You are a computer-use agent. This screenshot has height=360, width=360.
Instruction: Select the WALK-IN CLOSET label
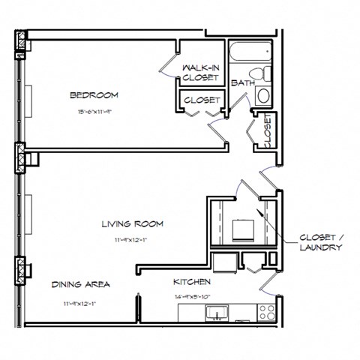click(200, 73)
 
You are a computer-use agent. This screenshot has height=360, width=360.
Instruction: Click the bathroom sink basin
click(263, 96)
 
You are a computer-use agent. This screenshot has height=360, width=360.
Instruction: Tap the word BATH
click(241, 82)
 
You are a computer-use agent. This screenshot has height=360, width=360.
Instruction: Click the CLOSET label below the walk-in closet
click(200, 100)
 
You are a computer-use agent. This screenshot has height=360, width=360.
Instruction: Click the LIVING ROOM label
click(133, 223)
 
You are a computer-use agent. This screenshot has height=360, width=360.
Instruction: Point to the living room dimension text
click(133, 241)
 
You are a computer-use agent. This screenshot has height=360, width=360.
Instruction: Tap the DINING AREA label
click(81, 284)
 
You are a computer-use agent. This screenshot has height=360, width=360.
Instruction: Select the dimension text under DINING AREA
click(81, 303)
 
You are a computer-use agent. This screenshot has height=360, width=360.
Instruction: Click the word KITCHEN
click(192, 282)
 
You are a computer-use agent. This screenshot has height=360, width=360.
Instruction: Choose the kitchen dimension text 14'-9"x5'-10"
click(192, 297)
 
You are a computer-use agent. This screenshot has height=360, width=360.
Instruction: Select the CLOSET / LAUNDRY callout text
click(321, 240)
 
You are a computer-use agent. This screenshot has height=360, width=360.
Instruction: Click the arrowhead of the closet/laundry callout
click(259, 212)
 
